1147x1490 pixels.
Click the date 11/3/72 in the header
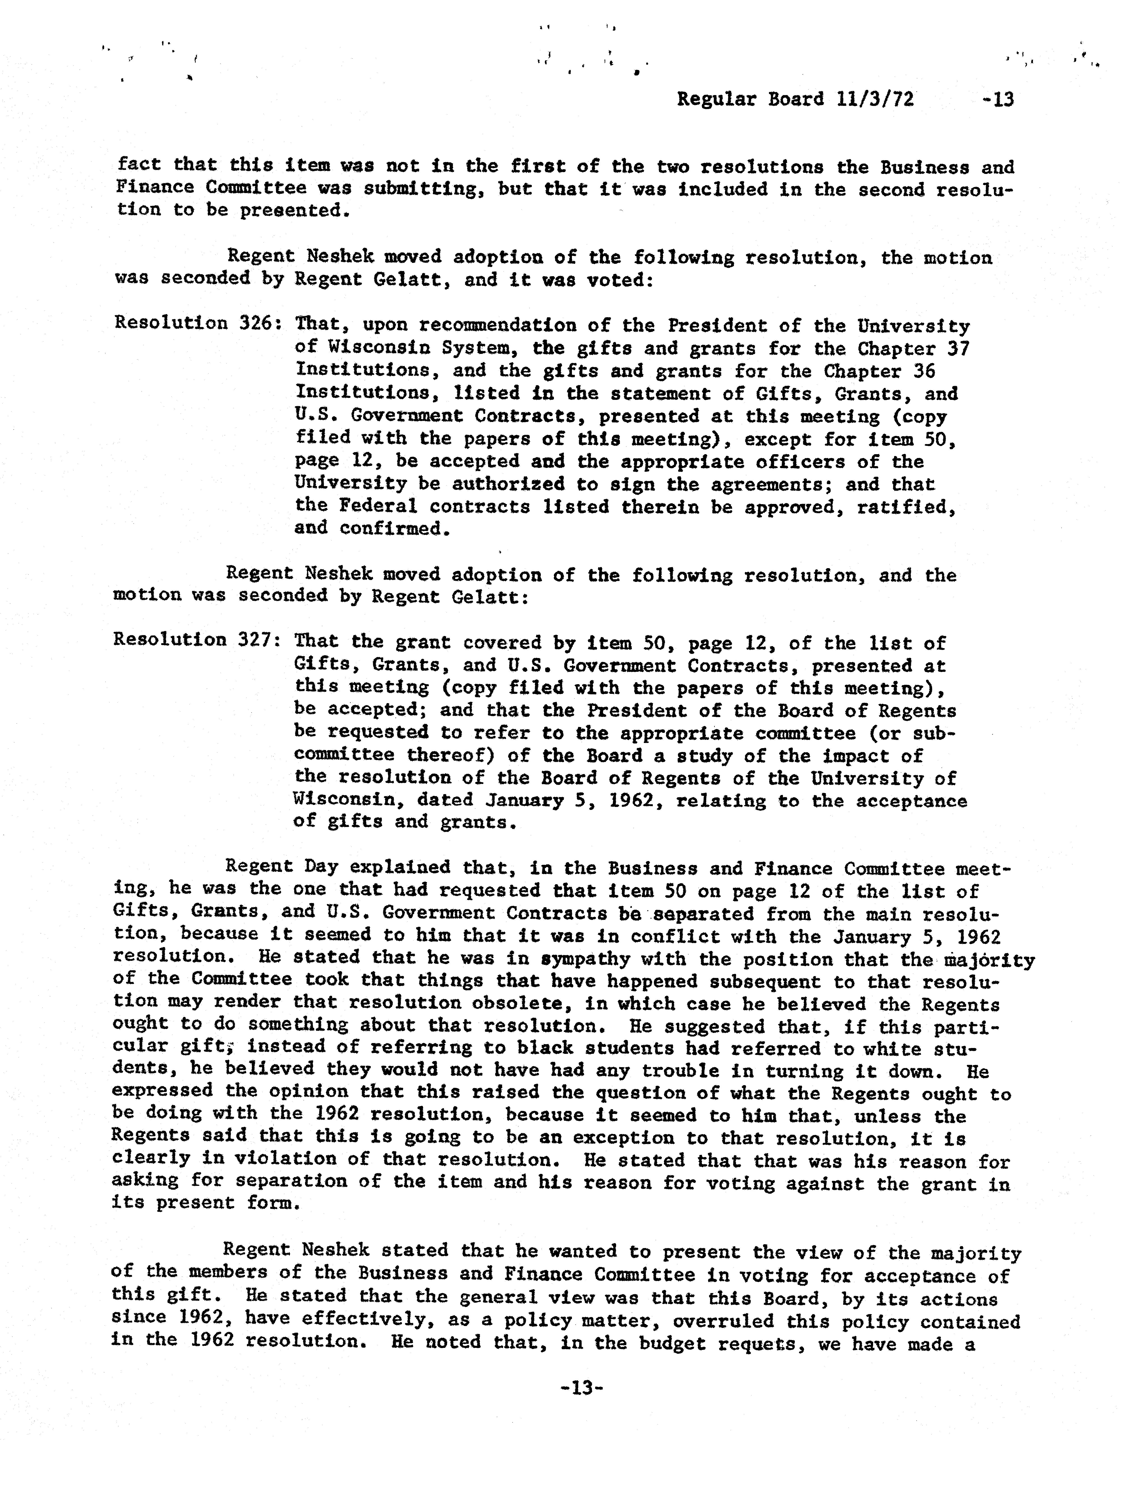[x=874, y=100]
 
